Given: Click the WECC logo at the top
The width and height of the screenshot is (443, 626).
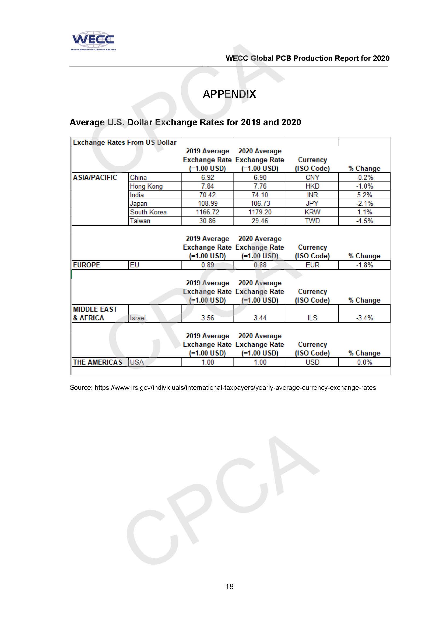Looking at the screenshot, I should (93, 41).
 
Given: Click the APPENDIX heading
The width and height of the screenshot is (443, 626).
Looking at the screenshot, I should (229, 94).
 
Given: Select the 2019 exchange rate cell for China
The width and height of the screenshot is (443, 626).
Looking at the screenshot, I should (207, 178).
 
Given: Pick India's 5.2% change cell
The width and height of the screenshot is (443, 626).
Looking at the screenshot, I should (364, 195).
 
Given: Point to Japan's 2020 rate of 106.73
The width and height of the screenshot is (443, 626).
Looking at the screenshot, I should (260, 203).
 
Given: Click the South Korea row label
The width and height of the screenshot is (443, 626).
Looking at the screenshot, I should (148, 212).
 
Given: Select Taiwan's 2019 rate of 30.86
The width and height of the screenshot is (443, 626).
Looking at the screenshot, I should (207, 221).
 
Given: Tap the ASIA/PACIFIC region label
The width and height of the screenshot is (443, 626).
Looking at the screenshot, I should (95, 178).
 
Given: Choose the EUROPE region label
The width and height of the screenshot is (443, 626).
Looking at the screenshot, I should (86, 265).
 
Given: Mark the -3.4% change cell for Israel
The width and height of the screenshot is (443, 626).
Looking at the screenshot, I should (364, 318).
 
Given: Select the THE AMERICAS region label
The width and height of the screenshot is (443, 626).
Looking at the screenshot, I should (97, 362).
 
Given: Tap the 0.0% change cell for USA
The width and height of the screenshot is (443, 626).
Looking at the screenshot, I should (364, 362).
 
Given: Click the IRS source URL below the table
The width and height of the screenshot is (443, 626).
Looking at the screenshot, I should (235, 387).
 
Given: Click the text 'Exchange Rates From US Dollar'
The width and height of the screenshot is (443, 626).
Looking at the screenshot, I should (125, 142).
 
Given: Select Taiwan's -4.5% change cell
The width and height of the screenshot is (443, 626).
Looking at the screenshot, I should (364, 221).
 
